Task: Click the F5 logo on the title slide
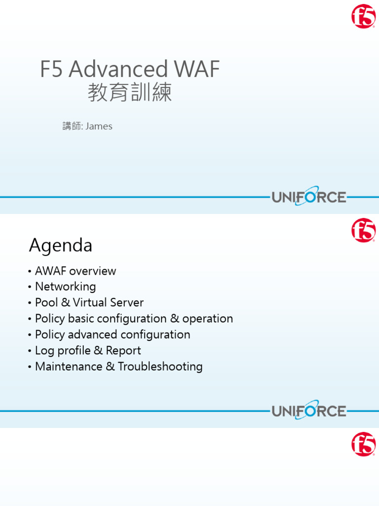click(363, 16)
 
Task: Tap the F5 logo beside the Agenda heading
click(363, 231)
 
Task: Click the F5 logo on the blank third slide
click(363, 444)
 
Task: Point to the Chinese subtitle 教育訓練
click(130, 92)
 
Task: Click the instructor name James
click(99, 126)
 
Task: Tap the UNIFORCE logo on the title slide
click(309, 197)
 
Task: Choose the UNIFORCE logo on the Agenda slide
click(309, 411)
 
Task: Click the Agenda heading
click(61, 245)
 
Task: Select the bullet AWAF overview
click(76, 271)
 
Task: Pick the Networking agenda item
click(65, 287)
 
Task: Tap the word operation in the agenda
click(207, 319)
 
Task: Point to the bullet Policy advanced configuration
click(113, 335)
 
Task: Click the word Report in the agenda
click(123, 350)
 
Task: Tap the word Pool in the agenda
click(46, 302)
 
